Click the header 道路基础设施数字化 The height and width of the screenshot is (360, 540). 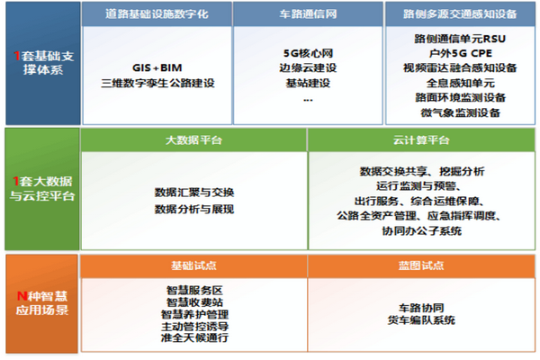157,13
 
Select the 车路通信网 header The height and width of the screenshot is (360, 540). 308,13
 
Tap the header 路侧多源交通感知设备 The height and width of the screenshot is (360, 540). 460,13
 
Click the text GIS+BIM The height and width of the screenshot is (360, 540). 157,67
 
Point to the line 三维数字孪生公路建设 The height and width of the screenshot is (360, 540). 157,83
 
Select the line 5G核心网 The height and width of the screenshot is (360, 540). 308,53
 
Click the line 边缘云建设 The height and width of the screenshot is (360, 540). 308,67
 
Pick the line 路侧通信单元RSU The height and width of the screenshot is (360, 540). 460,39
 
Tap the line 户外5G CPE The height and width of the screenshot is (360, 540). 460,53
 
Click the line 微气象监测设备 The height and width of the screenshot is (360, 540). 460,112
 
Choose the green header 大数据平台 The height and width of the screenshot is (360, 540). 193,140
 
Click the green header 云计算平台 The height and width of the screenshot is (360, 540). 421,140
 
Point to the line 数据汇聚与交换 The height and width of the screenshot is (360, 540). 194,193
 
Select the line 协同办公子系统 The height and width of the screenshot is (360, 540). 421,230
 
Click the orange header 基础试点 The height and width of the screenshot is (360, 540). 193,265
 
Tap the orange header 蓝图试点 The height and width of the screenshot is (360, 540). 421,265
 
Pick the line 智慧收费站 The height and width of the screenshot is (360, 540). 194,302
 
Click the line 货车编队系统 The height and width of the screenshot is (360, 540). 421,320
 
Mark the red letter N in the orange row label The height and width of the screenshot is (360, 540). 22,296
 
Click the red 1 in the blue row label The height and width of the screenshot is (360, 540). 17,56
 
